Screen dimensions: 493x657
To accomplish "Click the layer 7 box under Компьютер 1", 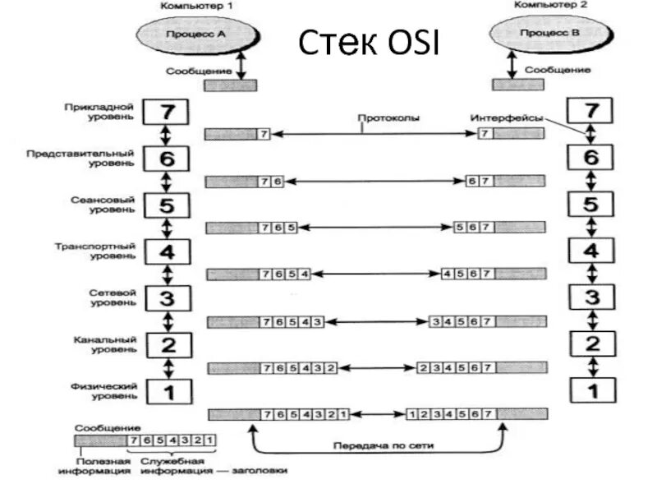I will (x=167, y=111).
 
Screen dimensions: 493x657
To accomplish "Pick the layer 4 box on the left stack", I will (x=167, y=251).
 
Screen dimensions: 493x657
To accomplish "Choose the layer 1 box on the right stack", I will (x=591, y=388).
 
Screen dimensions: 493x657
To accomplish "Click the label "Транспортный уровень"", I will (x=92, y=251).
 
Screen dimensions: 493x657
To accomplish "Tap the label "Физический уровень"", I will (x=96, y=389).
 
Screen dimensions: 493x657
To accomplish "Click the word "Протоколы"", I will (x=388, y=118).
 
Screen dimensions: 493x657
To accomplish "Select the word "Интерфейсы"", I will (x=507, y=118).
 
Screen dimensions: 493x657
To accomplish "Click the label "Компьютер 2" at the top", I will (x=544, y=5).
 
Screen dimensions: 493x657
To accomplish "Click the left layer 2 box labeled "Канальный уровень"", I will (x=167, y=344).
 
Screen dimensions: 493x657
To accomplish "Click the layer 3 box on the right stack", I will (x=591, y=297).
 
